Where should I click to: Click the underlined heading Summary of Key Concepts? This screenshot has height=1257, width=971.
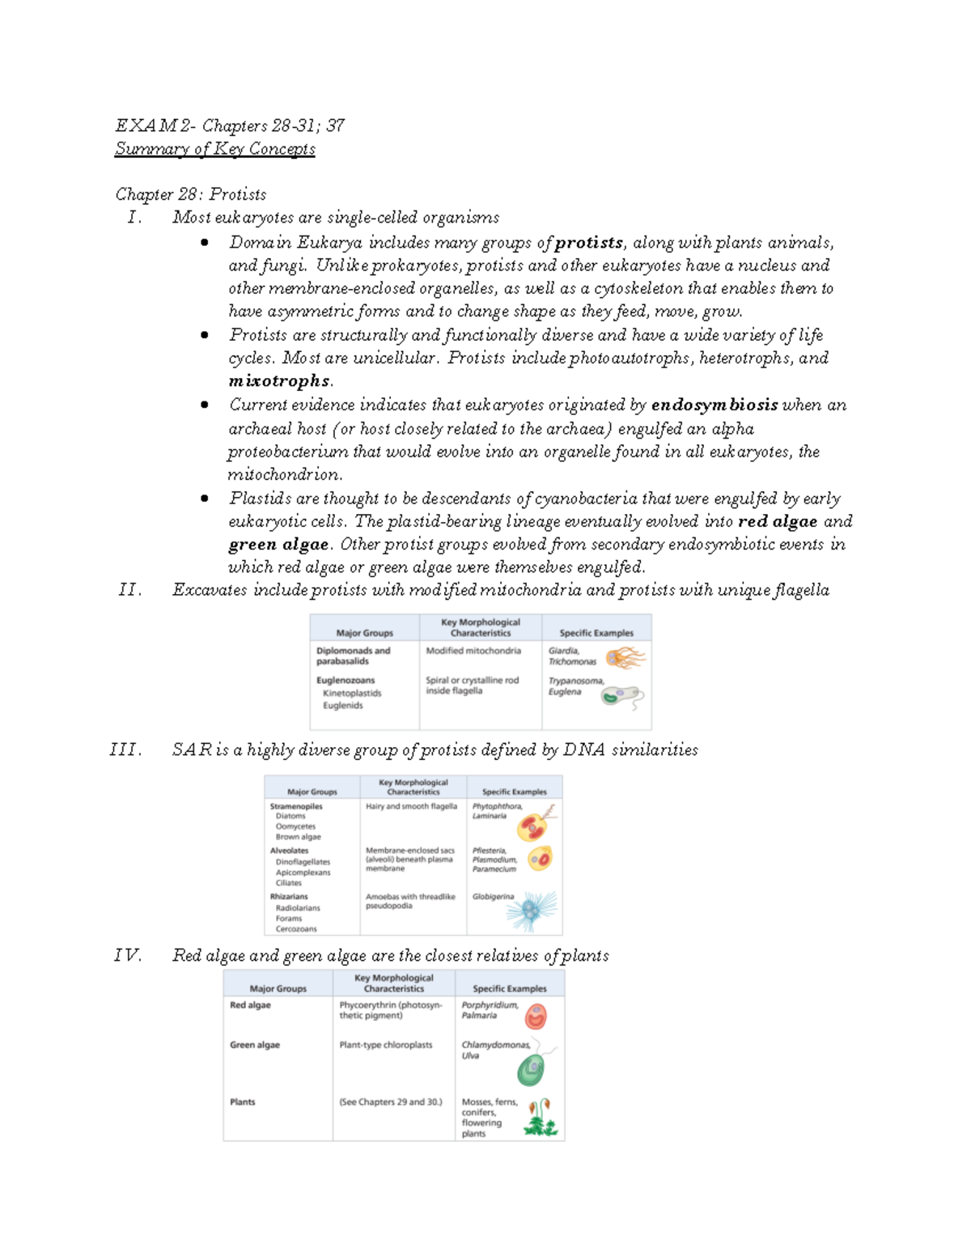pos(214,149)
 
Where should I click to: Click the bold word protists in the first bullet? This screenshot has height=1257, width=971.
pos(588,243)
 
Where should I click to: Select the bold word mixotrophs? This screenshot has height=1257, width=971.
pos(279,381)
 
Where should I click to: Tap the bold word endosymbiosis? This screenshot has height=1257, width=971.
pos(714,405)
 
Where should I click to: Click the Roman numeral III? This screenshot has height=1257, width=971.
pos(125,750)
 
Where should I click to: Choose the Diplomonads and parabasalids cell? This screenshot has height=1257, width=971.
pos(353,656)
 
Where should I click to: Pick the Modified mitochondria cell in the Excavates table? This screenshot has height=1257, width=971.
pos(473,651)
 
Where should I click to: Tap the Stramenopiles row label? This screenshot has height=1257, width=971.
pos(296,806)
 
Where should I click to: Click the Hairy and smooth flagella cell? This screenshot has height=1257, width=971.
pos(411,806)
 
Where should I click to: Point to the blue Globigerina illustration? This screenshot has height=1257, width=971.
pos(532,911)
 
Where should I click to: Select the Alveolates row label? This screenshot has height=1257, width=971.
pos(289,851)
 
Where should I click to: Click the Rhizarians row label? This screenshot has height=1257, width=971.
pos(289,897)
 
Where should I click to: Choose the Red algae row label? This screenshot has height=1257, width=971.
pos(250,1005)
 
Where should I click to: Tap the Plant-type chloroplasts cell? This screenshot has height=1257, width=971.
pos(385,1045)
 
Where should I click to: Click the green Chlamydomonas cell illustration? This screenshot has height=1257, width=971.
pos(531,1070)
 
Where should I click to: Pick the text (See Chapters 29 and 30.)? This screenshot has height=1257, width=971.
pos(391,1102)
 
